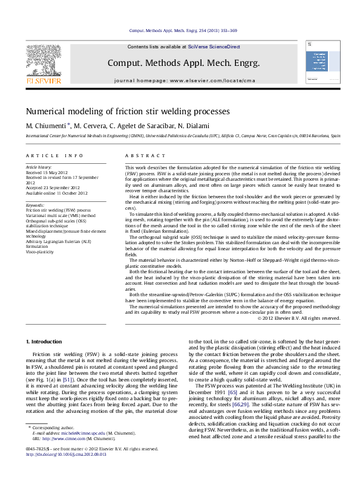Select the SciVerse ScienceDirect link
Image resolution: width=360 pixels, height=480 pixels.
click(x=214, y=47)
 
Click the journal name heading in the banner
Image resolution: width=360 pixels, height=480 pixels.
click(x=183, y=63)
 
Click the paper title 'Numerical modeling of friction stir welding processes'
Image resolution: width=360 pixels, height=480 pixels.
click(x=127, y=112)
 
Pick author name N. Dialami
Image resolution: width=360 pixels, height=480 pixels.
click(x=192, y=126)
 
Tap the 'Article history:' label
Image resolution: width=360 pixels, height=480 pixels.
click(x=39, y=166)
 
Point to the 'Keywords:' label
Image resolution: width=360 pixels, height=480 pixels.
click(x=36, y=206)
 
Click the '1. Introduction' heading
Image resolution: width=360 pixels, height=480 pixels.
click(x=45, y=342)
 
